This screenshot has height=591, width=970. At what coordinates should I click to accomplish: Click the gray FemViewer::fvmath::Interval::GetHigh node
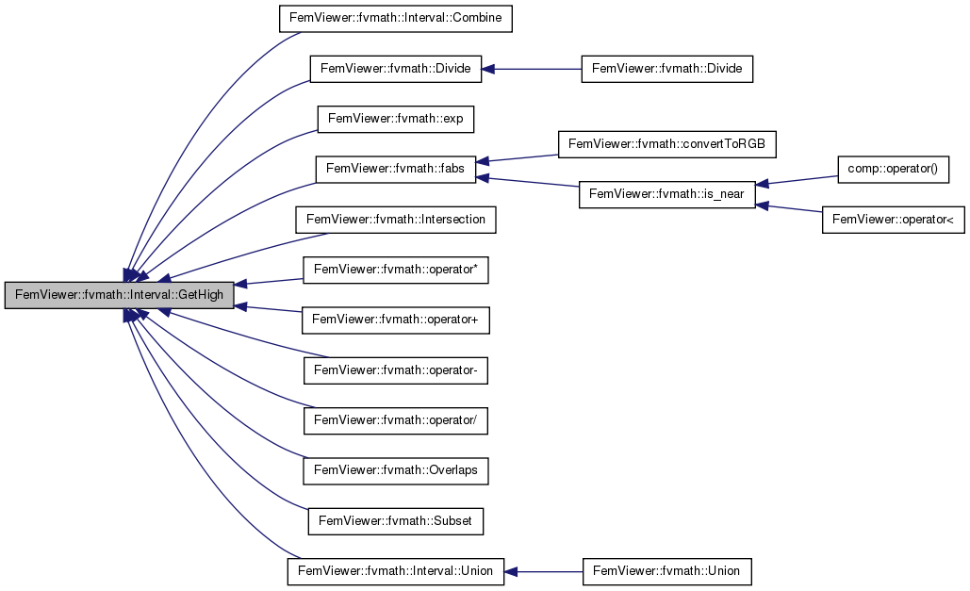coord(120,295)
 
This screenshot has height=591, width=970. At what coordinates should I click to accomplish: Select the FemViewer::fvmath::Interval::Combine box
coord(395,18)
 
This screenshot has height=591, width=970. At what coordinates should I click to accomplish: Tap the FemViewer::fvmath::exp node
coord(395,118)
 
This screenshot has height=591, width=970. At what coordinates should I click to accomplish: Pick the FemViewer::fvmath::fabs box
coord(395,169)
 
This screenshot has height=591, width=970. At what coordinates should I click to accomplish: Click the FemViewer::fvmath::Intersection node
coord(395,220)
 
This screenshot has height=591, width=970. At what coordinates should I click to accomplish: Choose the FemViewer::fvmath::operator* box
coord(395,270)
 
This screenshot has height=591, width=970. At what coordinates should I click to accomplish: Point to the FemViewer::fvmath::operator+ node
coord(395,320)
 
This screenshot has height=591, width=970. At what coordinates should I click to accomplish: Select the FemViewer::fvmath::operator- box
coord(395,370)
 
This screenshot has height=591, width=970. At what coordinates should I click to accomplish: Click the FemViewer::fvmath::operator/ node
coord(395,420)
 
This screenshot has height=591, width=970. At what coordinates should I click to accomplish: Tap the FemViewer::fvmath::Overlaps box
coord(395,471)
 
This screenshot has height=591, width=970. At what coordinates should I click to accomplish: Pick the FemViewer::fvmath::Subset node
coord(395,521)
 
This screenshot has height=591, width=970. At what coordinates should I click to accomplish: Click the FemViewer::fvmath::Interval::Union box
coord(395,571)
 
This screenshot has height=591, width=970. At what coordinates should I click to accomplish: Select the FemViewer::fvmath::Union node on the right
coord(666,571)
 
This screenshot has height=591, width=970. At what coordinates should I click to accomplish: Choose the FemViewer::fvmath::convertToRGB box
coord(666,144)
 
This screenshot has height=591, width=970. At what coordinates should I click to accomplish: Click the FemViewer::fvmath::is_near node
coord(666,194)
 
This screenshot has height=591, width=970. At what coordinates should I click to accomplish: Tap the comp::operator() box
coord(894,169)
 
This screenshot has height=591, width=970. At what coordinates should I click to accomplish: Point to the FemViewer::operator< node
coord(894,220)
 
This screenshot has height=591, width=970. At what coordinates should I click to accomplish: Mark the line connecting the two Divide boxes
coord(532,69)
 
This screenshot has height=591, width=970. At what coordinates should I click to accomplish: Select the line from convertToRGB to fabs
coord(518,158)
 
